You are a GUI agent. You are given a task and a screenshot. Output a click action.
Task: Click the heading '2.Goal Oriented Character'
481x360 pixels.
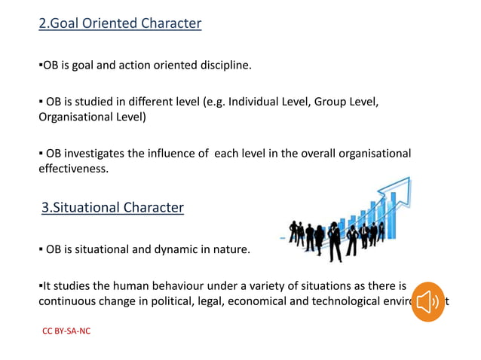tap(120, 23)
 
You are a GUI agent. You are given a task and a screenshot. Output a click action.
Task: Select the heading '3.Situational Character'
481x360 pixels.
tap(112, 207)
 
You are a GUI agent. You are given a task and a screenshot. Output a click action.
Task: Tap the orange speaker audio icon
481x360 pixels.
tap(428, 303)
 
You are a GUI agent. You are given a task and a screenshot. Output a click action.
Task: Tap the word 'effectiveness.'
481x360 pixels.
tap(73, 169)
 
